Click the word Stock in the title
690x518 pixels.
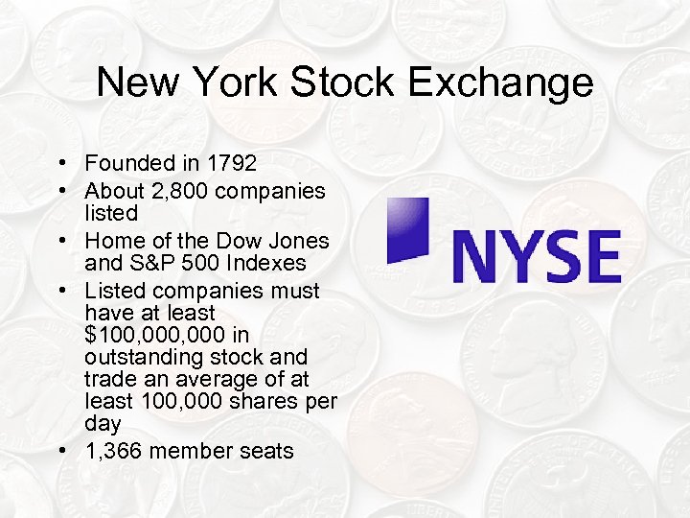click(x=350, y=82)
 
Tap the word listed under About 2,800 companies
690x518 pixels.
click(x=111, y=212)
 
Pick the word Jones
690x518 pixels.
click(x=294, y=242)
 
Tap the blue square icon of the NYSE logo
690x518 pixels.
click(x=407, y=229)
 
